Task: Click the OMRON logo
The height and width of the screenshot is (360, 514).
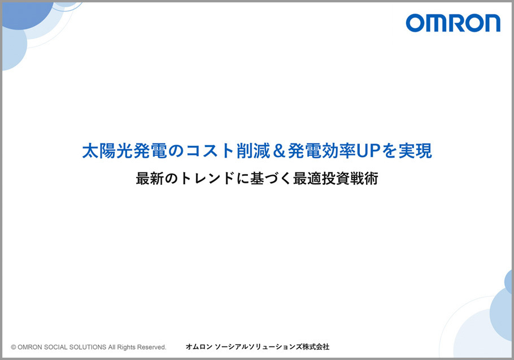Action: coord(453,23)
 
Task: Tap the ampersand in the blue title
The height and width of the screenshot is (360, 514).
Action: coord(278,151)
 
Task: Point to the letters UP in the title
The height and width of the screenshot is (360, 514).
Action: coord(368,151)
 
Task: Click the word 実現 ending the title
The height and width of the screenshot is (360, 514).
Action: coord(415,151)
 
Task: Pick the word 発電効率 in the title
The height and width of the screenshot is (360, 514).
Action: coord(321,151)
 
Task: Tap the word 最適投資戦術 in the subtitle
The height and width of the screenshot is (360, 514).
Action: coord(336,179)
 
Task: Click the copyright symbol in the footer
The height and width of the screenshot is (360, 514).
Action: coord(14,347)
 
